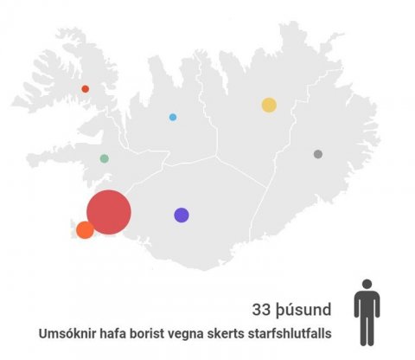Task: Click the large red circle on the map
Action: [109, 212]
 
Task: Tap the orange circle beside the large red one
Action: [85, 229]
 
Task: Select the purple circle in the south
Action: [182, 215]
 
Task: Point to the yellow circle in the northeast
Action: [269, 105]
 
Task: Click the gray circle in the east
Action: [318, 154]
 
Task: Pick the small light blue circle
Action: [173, 117]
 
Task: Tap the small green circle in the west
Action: [105, 158]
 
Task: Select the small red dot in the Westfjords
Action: [85, 88]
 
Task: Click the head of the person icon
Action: [367, 285]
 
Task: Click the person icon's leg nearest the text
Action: [362, 334]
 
